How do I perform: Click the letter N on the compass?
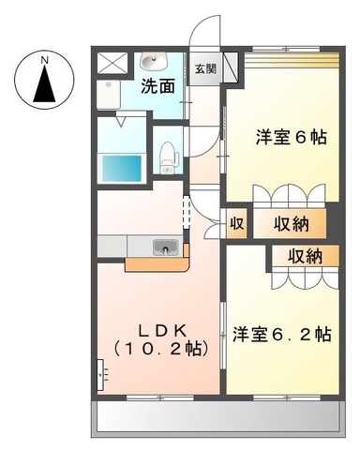[44, 62]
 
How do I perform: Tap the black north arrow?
[44, 87]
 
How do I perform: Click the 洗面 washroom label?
[158, 87]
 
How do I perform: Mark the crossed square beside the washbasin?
[112, 64]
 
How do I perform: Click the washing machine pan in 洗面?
[108, 94]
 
